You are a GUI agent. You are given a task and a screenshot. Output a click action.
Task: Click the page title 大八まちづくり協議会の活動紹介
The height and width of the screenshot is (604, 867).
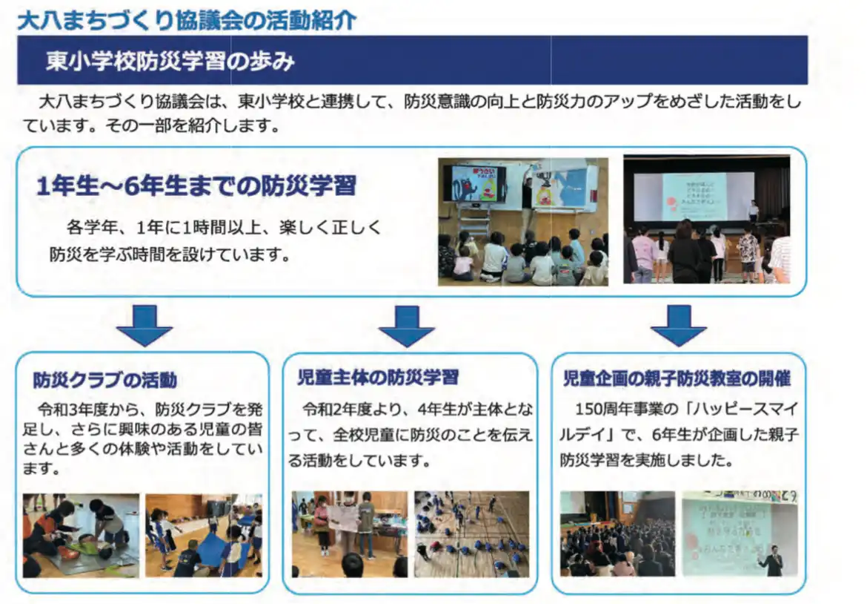(186, 21)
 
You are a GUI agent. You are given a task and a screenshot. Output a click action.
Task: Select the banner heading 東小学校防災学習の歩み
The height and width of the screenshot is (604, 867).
(170, 61)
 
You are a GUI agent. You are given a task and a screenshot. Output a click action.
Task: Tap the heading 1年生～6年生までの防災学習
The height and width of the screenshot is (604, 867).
(196, 186)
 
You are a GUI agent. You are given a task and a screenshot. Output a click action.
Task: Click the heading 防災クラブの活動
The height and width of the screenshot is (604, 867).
(105, 380)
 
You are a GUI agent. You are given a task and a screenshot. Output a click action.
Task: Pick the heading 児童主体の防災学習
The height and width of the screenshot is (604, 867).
(378, 377)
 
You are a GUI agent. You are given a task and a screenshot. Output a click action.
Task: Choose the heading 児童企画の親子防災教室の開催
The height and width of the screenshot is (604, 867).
(677, 378)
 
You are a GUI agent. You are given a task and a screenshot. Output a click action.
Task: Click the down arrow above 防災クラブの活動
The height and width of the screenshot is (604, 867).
(144, 326)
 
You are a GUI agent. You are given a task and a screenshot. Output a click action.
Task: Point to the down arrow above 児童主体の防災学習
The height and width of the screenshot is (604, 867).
(406, 326)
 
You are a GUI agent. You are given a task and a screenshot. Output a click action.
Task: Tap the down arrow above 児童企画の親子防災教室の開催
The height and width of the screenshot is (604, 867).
(679, 326)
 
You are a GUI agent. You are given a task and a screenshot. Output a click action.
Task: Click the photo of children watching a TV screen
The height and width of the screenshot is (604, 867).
(523, 222)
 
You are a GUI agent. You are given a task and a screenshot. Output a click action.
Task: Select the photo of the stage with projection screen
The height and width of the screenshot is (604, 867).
(707, 219)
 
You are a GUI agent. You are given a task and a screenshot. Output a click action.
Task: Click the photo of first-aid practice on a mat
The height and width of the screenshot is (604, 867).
(81, 535)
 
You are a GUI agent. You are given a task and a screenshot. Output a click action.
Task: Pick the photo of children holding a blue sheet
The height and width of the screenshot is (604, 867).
(204, 535)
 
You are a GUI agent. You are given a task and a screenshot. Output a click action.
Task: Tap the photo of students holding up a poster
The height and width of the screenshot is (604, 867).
(350, 534)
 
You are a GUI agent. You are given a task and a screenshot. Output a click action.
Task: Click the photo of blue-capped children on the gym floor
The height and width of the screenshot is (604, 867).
(471, 534)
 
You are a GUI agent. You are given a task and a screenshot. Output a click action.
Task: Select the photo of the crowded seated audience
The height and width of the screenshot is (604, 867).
(617, 534)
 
